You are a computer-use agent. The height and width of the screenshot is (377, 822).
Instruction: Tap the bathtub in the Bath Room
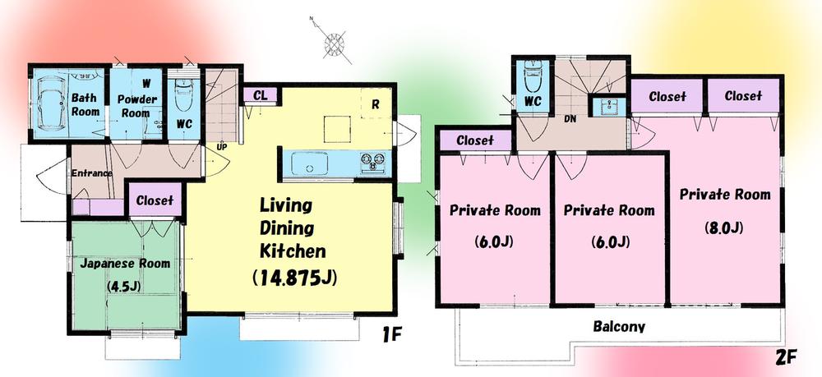[x=51, y=102]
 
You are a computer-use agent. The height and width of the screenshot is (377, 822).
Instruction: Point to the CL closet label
[x=260, y=95]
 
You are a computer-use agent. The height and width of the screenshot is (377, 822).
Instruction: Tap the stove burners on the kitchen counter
[x=372, y=162]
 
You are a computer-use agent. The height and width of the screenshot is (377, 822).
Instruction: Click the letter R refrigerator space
[x=375, y=104]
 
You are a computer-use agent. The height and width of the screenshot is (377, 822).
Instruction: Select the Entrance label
[x=92, y=173]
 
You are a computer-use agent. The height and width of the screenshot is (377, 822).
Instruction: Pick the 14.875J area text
[x=294, y=278]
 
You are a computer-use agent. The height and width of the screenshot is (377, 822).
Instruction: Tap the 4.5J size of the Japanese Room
[x=125, y=286]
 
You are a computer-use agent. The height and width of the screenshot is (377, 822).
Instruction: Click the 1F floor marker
[x=391, y=335]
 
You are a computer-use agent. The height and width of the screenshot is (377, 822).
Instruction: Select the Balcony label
[x=619, y=326]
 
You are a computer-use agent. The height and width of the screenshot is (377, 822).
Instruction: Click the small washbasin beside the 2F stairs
[x=609, y=108]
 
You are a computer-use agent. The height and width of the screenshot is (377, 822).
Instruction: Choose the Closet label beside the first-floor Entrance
[x=155, y=200]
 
